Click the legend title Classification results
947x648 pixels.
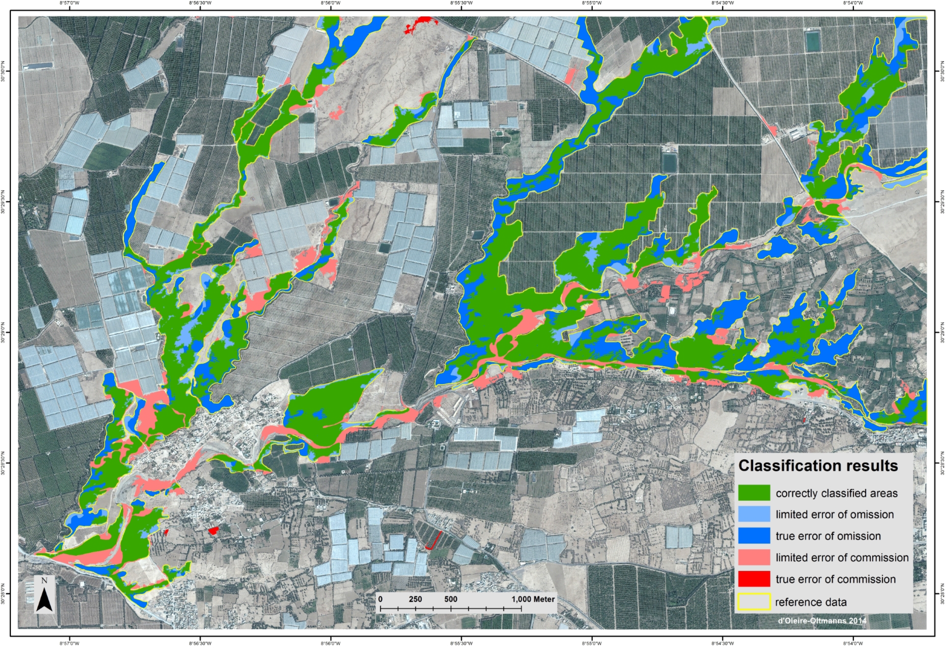point(818,465)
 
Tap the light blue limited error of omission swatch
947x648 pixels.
point(754,514)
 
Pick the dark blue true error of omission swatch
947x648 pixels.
point(754,536)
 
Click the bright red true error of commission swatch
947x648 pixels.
point(754,579)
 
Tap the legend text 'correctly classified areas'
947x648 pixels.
point(836,493)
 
